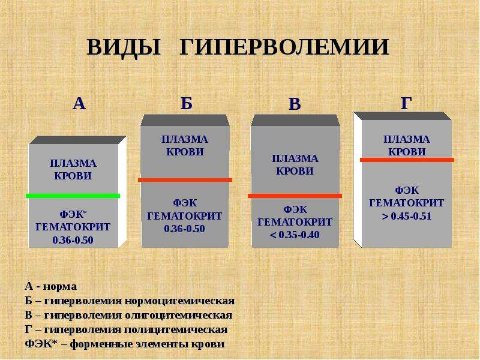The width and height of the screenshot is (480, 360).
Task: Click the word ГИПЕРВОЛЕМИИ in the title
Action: (x=284, y=47)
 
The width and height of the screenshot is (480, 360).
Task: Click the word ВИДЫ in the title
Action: (x=124, y=48)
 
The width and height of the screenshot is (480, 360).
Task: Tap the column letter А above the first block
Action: (x=79, y=103)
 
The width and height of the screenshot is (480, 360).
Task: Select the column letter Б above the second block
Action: (x=187, y=103)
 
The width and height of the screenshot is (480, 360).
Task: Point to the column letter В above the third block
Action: (x=295, y=104)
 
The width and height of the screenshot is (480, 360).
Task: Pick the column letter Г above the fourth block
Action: (x=406, y=103)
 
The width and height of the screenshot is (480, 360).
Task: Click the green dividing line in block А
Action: (x=73, y=196)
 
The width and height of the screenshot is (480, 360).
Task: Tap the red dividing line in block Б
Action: (x=185, y=180)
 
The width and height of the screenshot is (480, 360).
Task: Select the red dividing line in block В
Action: (x=295, y=196)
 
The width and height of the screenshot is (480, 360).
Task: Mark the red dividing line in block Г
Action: (x=407, y=160)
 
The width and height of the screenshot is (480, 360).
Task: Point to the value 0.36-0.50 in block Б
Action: (x=184, y=229)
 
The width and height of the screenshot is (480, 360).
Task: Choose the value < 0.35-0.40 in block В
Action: (x=295, y=235)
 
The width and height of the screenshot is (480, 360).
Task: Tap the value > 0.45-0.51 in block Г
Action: (x=407, y=216)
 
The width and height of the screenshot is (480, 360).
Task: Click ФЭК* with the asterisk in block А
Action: (x=73, y=214)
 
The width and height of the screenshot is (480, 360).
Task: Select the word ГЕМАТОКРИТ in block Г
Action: (x=407, y=203)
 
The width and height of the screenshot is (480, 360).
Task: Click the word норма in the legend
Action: (x=59, y=287)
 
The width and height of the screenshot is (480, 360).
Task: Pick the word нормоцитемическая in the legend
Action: (x=179, y=301)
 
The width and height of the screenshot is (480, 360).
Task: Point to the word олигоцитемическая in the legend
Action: (x=178, y=316)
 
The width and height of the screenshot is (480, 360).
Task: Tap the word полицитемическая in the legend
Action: (x=176, y=329)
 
